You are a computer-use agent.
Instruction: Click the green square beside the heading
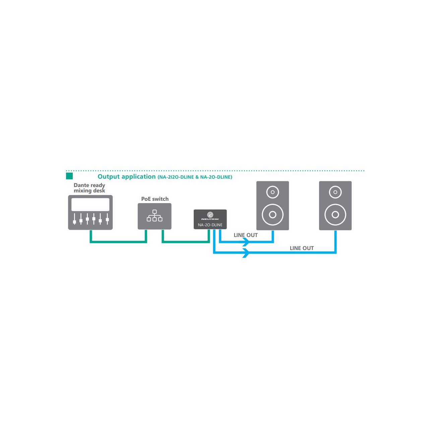(x=69, y=176)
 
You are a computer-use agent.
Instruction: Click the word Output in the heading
(x=109, y=177)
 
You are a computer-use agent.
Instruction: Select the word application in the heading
(x=138, y=177)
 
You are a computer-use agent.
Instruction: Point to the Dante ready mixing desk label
(x=89, y=188)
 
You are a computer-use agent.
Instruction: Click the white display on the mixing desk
(x=90, y=204)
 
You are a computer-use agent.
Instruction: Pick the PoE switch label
(x=155, y=199)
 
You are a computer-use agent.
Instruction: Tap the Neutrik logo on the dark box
(x=210, y=216)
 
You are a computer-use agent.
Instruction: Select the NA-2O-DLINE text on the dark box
(x=210, y=225)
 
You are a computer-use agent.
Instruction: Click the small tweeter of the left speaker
(x=272, y=192)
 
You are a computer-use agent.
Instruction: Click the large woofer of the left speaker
(x=272, y=214)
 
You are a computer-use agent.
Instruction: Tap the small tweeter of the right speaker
(x=335, y=192)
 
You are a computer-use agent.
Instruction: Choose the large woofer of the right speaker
(x=335, y=214)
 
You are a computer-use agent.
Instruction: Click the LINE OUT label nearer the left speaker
(x=246, y=235)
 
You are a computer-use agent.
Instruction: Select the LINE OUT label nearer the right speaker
(x=302, y=248)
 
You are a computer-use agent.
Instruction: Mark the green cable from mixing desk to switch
(x=118, y=242)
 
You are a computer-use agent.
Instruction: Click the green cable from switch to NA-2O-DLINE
(x=186, y=242)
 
